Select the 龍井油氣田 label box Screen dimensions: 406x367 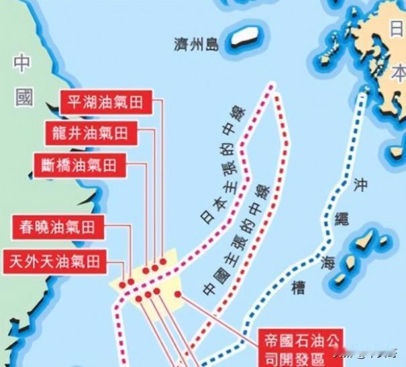pyautogui.click(x=90, y=132)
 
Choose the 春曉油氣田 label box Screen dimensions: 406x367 pyautogui.click(x=58, y=227)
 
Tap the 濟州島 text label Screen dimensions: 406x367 pyautogui.click(x=194, y=45)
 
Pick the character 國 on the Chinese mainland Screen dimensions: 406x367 pyautogui.click(x=24, y=98)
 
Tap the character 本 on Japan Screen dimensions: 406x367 pyautogui.click(x=399, y=71)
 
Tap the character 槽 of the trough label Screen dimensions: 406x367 pyautogui.click(x=299, y=288)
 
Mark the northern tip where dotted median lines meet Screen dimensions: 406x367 pyautogui.click(x=272, y=85)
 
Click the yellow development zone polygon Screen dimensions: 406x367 pyautogui.click(x=164, y=286)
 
